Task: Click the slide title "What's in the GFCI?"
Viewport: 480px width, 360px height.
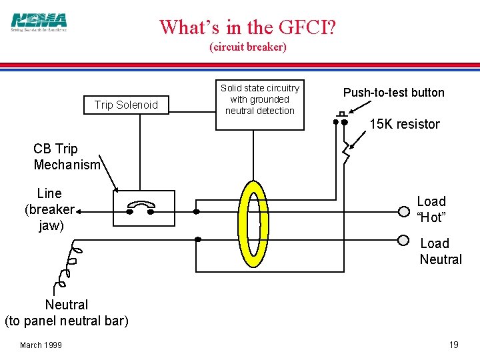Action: tap(248, 27)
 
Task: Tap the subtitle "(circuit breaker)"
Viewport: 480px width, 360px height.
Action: tap(248, 47)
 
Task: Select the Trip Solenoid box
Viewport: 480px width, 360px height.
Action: tap(126, 105)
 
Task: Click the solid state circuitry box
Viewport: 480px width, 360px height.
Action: tap(260, 99)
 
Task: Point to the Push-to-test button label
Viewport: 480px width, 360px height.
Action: tap(393, 93)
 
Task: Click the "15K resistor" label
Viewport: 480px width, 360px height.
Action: tap(405, 124)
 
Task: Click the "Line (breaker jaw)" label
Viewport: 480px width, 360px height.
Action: tap(49, 209)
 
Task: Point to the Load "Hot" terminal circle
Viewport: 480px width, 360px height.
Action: tap(404, 211)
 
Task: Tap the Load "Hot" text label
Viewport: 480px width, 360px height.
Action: tap(431, 209)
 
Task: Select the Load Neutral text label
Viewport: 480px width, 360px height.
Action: tap(440, 251)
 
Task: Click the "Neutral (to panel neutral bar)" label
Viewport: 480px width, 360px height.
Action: tap(66, 313)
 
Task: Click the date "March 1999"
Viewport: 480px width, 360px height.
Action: tap(41, 345)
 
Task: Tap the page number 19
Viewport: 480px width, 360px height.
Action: tap(453, 345)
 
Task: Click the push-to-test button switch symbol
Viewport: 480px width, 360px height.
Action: tap(342, 119)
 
